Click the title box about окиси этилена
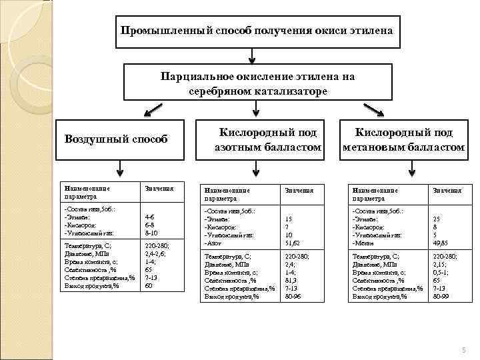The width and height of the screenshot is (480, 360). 257,31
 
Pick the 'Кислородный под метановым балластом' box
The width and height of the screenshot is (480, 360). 403,139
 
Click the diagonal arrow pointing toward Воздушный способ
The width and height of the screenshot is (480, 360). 154,108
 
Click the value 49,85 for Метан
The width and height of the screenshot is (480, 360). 441,243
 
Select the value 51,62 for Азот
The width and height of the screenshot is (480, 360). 293,243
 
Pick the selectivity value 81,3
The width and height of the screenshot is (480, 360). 291,280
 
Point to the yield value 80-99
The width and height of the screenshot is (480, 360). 441,296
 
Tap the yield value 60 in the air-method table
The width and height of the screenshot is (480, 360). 149,286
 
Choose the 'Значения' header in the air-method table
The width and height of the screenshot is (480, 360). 155,189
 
